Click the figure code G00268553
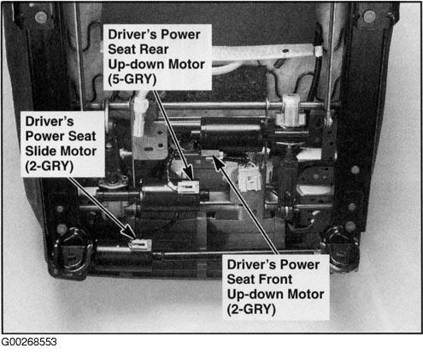[x=29, y=342]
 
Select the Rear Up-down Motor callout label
[x=157, y=57]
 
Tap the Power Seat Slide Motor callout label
[x=63, y=144]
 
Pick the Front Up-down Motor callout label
[x=275, y=287]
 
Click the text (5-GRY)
[x=132, y=79]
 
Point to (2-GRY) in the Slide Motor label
[x=50, y=166]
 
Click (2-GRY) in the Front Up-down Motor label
[x=251, y=309]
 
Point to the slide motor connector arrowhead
[x=130, y=232]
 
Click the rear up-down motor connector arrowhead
[x=189, y=174]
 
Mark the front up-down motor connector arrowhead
[x=218, y=163]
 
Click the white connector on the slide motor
[x=141, y=245]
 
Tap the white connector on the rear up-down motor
[x=189, y=186]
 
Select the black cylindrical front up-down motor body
[x=232, y=134]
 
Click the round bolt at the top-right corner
[x=369, y=16]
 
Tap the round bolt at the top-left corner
[x=41, y=17]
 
